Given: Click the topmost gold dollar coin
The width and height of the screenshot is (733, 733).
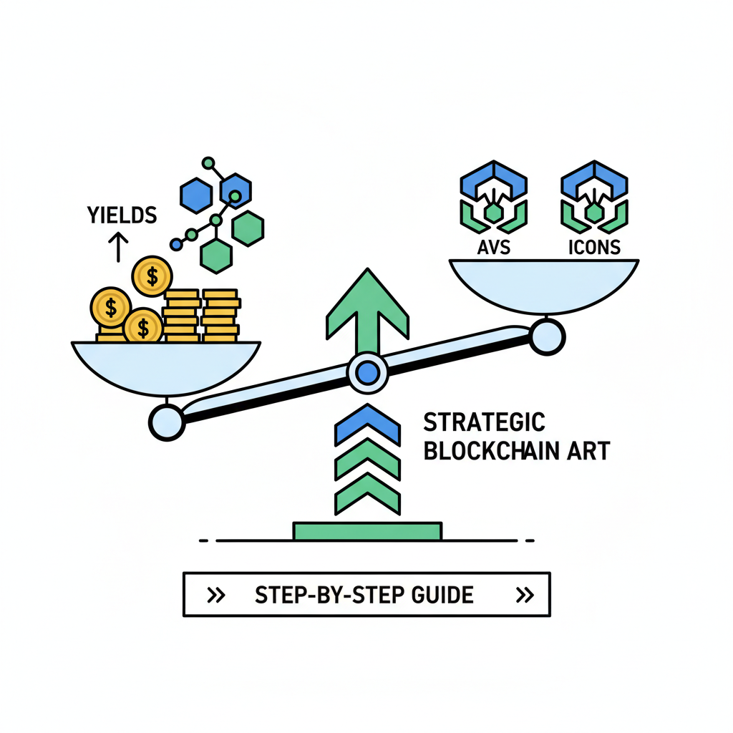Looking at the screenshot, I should point(152,276).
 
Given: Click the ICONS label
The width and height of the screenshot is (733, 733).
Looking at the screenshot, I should point(593,248).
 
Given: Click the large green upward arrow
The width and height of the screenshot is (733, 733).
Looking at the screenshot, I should point(367,308).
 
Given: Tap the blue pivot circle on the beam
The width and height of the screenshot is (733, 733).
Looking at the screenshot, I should point(367,372).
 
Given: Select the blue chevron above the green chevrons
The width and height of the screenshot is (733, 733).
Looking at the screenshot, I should point(367,422).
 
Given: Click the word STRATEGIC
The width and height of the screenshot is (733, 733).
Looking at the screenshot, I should point(484,422).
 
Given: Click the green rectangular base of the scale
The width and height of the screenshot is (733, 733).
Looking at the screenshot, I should point(367,531).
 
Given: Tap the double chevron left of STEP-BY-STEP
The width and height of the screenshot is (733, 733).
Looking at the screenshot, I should point(216,595).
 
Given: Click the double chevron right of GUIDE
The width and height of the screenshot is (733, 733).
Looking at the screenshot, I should point(524,595).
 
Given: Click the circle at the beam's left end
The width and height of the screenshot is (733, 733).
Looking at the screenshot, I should point(167,422).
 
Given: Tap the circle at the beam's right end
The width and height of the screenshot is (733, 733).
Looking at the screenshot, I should point(548,335).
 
